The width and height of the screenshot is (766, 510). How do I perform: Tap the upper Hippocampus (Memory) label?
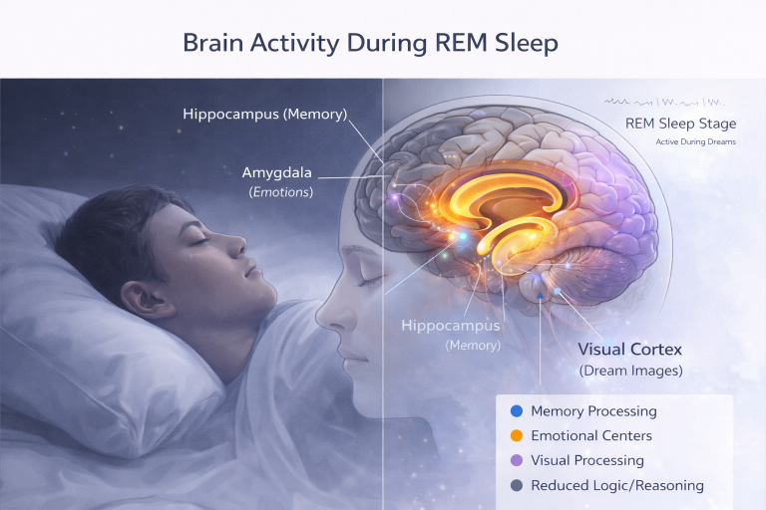[265, 114]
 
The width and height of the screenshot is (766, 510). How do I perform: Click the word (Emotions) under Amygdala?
[279, 191]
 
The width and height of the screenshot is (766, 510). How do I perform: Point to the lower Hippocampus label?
[450, 326]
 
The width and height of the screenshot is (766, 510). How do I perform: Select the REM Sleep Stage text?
[680, 125]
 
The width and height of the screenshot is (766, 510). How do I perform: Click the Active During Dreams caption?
[696, 142]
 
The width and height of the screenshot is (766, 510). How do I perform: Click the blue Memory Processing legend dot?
[516, 410]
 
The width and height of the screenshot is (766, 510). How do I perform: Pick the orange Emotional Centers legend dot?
[516, 435]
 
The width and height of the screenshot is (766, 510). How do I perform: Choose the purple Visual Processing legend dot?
[516, 460]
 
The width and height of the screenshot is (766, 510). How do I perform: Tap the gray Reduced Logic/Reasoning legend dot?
[516, 485]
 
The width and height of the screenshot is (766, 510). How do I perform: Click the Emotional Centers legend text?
[591, 435]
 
